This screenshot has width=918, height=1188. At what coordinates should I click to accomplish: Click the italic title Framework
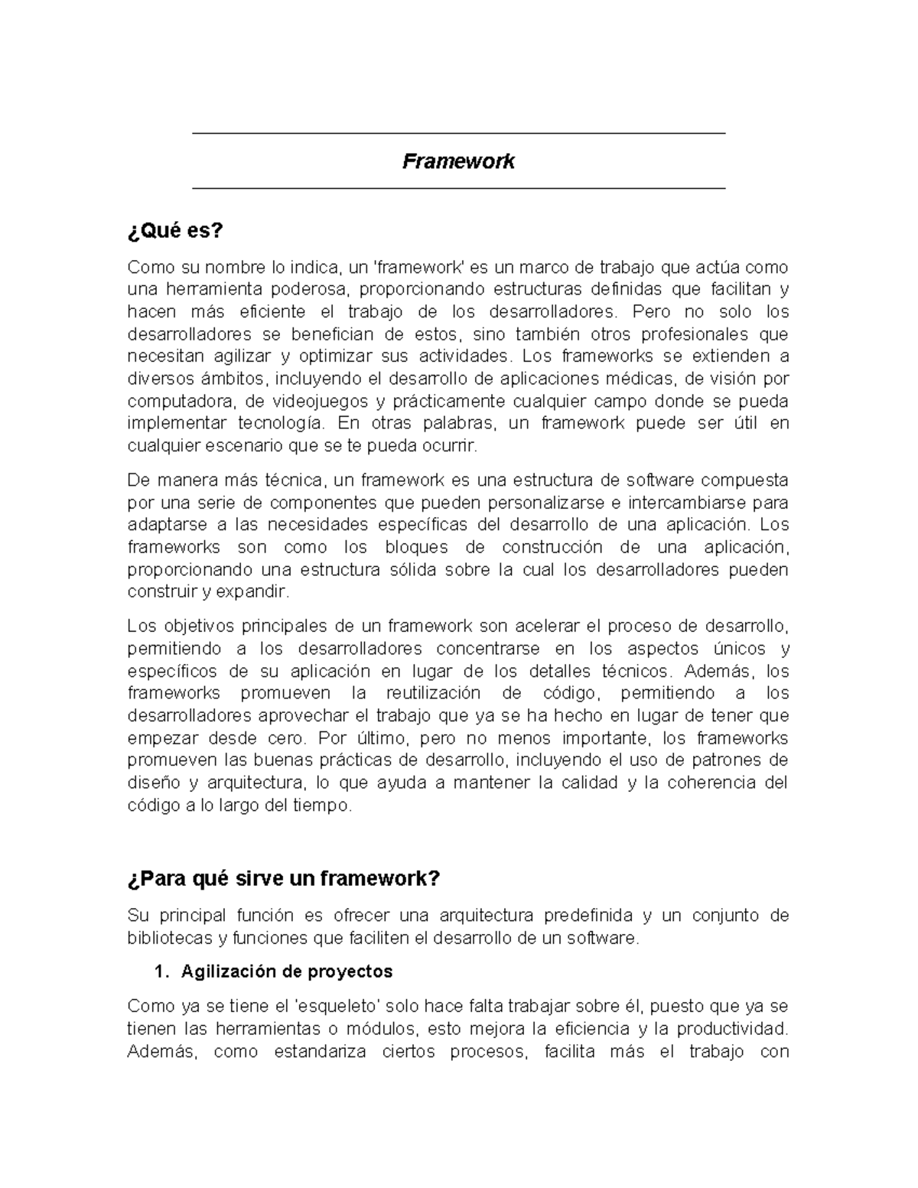pos(458,161)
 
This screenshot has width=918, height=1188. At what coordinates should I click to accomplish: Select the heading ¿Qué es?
pos(175,230)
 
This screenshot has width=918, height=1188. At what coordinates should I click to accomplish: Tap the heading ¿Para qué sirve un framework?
pos(284,878)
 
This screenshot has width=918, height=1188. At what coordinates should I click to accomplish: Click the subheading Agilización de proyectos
pos(287,972)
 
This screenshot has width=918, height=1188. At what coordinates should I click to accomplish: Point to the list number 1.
pos(159,972)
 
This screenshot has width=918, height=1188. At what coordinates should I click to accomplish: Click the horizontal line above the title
pos(458,134)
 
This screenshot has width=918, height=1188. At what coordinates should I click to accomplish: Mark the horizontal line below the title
pos(458,187)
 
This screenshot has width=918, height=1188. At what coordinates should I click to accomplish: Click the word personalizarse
pos(542,503)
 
